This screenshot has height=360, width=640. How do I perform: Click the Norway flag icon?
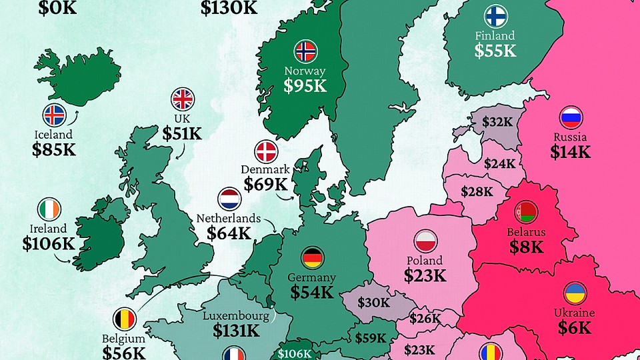coord(305,51)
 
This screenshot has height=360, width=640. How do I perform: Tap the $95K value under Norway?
coord(305,85)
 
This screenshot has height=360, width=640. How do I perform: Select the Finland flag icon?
coord(495,16)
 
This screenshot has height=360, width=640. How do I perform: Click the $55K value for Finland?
coord(495,49)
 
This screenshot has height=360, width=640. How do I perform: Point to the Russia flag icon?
coord(571,118)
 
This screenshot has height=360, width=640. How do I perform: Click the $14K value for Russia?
coord(570,152)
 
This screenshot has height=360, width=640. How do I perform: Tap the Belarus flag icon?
coord(525,213)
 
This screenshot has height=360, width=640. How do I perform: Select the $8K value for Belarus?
coord(525,247)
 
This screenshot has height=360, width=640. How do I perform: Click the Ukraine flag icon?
coord(575,293)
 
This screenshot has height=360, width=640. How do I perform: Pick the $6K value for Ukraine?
coord(575,327)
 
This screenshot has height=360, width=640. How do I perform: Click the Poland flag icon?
coord(425,240)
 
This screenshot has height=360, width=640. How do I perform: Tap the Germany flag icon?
coord(311,257)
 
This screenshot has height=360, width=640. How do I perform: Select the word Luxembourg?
coord(237,315)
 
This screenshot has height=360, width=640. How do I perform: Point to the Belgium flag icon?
coord(125,318)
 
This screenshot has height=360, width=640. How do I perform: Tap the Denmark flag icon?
coord(267,151)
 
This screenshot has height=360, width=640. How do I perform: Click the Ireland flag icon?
coord(49,209)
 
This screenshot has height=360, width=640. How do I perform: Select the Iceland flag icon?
coord(54,115)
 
